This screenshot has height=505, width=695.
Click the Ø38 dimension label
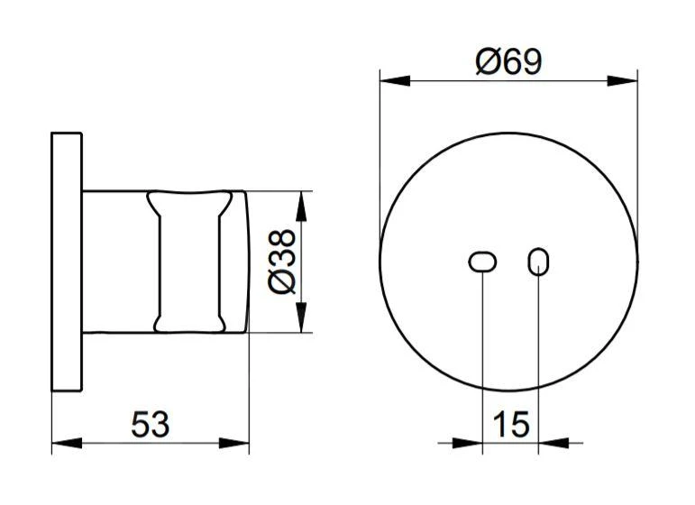(282, 262)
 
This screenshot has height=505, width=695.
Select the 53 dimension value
(151, 423)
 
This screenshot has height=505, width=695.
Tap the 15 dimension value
(511, 423)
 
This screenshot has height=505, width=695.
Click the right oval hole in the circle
(538, 262)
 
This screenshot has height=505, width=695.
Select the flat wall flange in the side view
(67, 262)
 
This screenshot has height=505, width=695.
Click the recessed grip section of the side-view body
(188, 262)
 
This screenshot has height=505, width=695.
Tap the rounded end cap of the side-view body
(236, 262)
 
